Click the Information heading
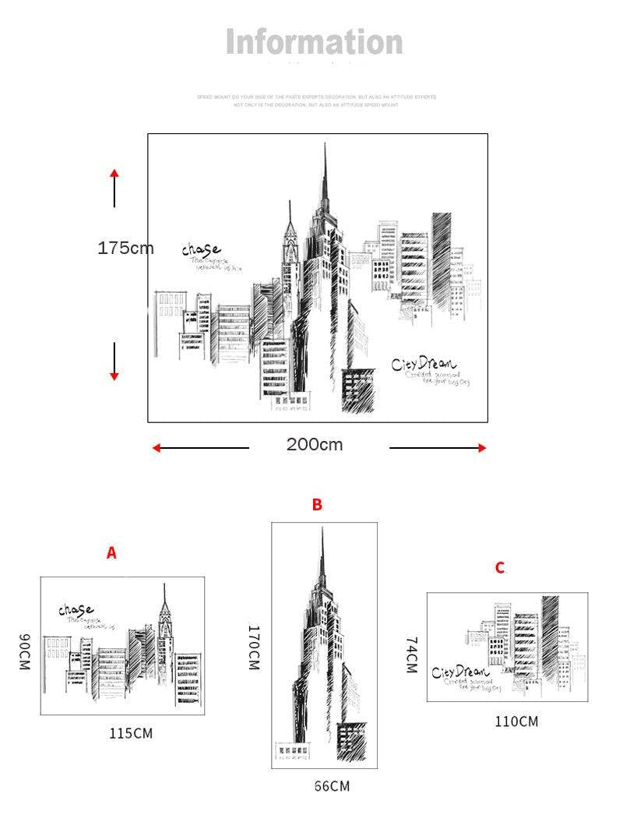coord(315,42)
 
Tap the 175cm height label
coord(125,248)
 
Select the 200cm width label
coord(315,445)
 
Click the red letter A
coord(111,553)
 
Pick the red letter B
coord(317,505)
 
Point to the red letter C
coord(499,568)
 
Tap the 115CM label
coord(131,733)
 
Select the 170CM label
coord(254,647)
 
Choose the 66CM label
coord(333,787)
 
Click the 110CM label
coord(516,721)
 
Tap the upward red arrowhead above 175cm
coord(114,173)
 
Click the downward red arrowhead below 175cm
coord(114,376)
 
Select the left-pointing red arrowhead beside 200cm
coord(156,448)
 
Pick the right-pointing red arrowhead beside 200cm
coord(482,448)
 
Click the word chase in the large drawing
coord(201,249)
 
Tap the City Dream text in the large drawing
coord(424,364)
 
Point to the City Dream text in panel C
coord(460,672)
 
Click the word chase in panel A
coord(76,609)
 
